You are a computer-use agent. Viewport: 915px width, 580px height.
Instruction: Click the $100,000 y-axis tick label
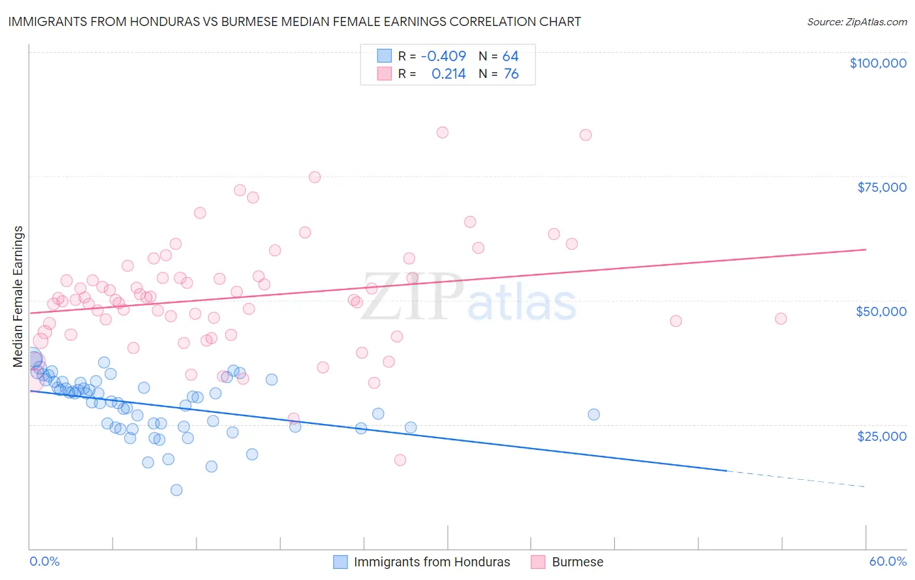point(878,63)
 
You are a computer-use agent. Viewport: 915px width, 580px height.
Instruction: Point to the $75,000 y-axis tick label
point(882,187)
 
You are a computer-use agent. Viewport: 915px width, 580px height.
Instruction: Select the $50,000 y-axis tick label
point(881,311)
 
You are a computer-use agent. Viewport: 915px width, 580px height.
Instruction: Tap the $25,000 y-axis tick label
point(882,436)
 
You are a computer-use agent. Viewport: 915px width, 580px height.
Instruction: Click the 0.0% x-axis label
point(44,561)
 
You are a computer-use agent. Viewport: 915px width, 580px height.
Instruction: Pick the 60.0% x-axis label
point(888,561)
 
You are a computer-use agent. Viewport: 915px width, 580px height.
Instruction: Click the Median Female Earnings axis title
point(18,297)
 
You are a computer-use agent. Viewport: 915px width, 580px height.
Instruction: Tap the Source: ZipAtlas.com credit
point(856,21)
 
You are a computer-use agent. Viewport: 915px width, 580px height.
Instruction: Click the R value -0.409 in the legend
point(443,57)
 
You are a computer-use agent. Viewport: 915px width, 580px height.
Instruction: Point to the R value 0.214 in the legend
point(448,74)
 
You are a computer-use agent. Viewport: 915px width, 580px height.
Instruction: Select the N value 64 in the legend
point(510,57)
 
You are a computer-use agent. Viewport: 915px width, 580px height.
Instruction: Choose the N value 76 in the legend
point(511,74)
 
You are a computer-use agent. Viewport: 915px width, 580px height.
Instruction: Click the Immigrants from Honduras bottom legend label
point(431,562)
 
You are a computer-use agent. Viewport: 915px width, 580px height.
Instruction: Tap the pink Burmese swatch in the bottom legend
point(538,562)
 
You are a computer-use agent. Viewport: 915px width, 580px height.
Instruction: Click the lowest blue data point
point(176,490)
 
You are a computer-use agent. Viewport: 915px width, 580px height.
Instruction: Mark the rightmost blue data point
point(594,414)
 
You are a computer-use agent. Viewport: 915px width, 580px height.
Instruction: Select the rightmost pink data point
point(781,319)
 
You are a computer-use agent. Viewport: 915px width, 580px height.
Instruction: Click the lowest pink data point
point(400,460)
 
